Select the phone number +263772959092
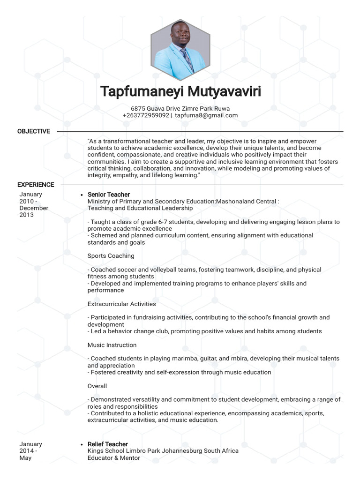[x=146, y=115]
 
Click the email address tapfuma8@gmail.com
[x=206, y=115]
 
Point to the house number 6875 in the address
[x=138, y=108]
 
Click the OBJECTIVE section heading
[x=34, y=131]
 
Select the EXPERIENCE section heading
[x=36, y=185]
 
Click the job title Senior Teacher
[x=109, y=195]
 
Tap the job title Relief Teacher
[x=108, y=444]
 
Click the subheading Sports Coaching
[x=111, y=256]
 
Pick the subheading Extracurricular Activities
[x=122, y=304]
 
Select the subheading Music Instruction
[x=112, y=345]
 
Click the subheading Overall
[x=97, y=386]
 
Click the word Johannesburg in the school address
[x=180, y=451]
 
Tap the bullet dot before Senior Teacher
[x=82, y=195]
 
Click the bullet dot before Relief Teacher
[x=82, y=444]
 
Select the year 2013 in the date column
[x=27, y=215]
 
